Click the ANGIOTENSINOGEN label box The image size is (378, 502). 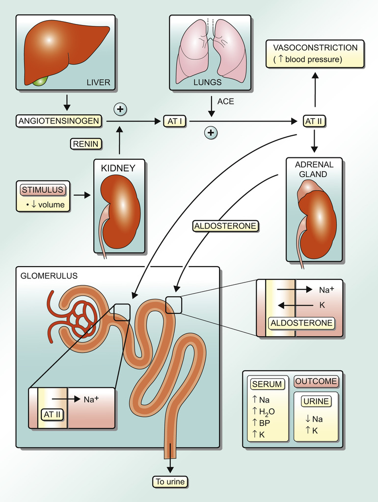(x=59, y=121)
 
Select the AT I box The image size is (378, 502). (x=175, y=121)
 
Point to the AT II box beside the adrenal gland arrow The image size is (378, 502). (x=314, y=121)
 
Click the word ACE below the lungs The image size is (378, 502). (x=226, y=101)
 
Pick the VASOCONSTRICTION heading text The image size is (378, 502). (x=315, y=48)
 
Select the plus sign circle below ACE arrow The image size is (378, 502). (x=211, y=132)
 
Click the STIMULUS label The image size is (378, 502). (x=42, y=190)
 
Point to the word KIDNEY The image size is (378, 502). (x=118, y=168)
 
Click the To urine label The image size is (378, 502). (x=170, y=482)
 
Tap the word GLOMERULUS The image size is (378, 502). (x=49, y=276)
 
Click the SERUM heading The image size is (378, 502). (x=267, y=384)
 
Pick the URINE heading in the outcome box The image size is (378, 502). (x=316, y=401)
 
